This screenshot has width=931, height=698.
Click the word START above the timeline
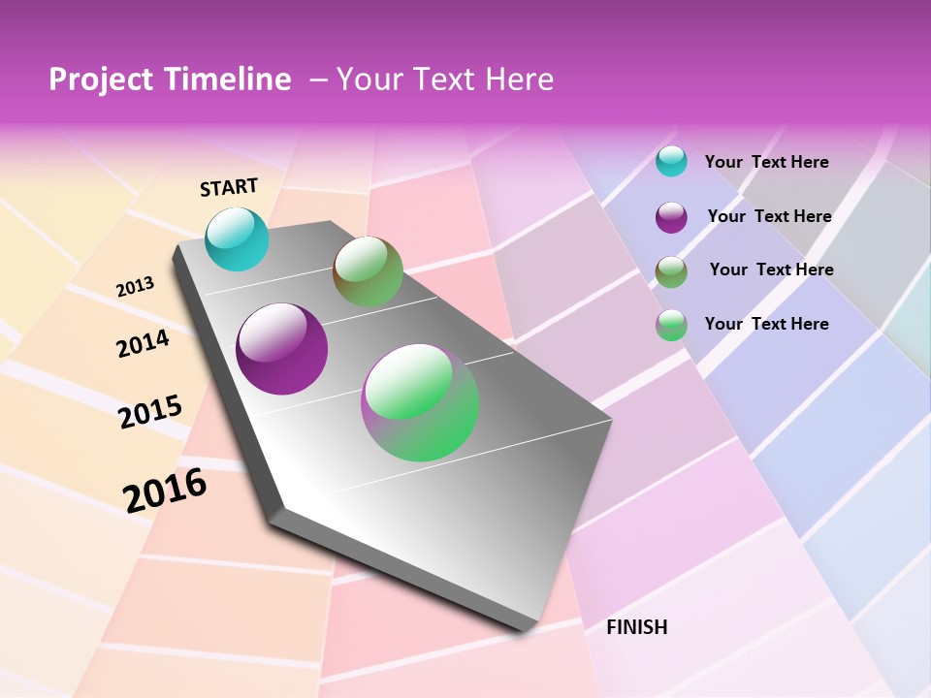229,187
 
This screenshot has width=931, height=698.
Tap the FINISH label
637,627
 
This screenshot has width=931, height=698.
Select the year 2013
136,286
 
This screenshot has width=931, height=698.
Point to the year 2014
144,343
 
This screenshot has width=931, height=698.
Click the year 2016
165,490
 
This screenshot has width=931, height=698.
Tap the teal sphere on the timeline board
238,238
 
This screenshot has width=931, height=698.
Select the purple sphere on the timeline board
282,349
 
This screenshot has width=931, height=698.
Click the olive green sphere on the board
369,271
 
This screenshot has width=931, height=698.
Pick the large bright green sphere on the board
420,402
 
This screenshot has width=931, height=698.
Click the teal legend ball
671,161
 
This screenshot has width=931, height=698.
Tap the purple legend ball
671,217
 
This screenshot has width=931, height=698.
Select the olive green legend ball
671,271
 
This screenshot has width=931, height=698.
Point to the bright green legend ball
671,325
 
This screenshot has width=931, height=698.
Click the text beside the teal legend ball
766,162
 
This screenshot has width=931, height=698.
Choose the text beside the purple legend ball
769,216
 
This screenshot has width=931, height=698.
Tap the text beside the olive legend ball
771,270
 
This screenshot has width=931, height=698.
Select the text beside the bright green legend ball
766,324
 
